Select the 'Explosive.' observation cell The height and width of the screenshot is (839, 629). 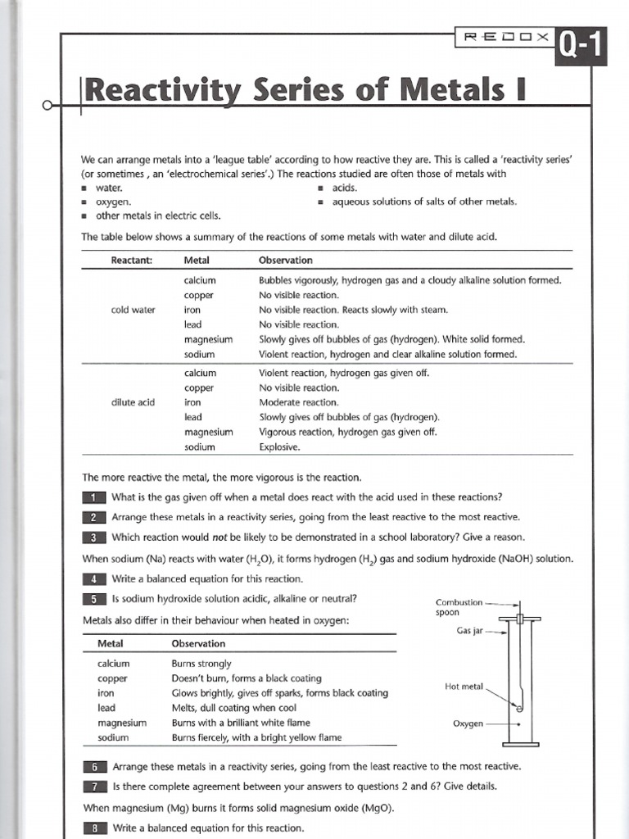(280, 447)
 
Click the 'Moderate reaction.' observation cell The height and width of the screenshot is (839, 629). (298, 402)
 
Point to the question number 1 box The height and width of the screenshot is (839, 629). (94, 497)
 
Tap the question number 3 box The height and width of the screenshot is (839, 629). (94, 537)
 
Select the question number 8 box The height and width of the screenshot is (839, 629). (94, 828)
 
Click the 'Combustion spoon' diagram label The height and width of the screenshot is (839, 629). (459, 607)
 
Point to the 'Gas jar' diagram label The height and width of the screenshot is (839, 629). (471, 631)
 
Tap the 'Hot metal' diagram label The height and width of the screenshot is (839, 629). (464, 687)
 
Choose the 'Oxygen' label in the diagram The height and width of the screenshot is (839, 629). (468, 723)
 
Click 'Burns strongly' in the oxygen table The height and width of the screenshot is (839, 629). (201, 664)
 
